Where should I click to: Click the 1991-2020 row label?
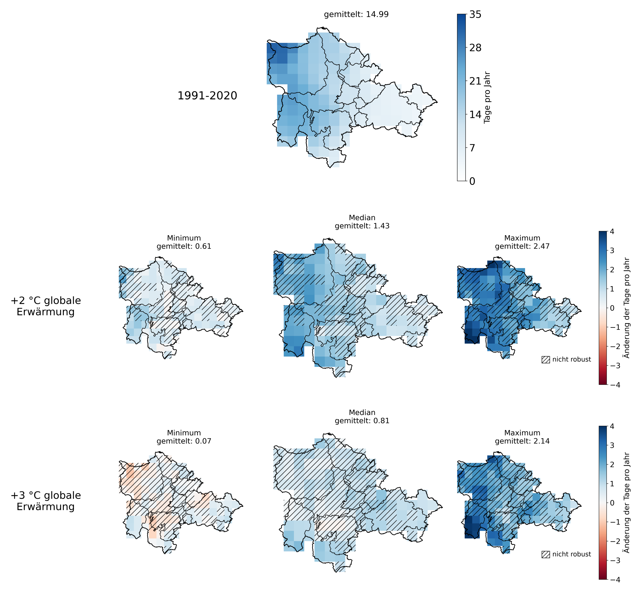207,96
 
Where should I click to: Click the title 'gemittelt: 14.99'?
356,14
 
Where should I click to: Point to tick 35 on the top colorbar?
475,14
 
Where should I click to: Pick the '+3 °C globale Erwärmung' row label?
46,501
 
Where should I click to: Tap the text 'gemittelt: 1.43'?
362,226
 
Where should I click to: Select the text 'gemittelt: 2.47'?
522,246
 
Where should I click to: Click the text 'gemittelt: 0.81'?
362,421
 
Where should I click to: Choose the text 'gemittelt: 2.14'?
522,441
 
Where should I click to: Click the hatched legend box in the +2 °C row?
546,360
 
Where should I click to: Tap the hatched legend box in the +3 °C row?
546,555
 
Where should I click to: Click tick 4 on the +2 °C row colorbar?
612,231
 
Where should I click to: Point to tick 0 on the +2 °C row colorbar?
612,308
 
